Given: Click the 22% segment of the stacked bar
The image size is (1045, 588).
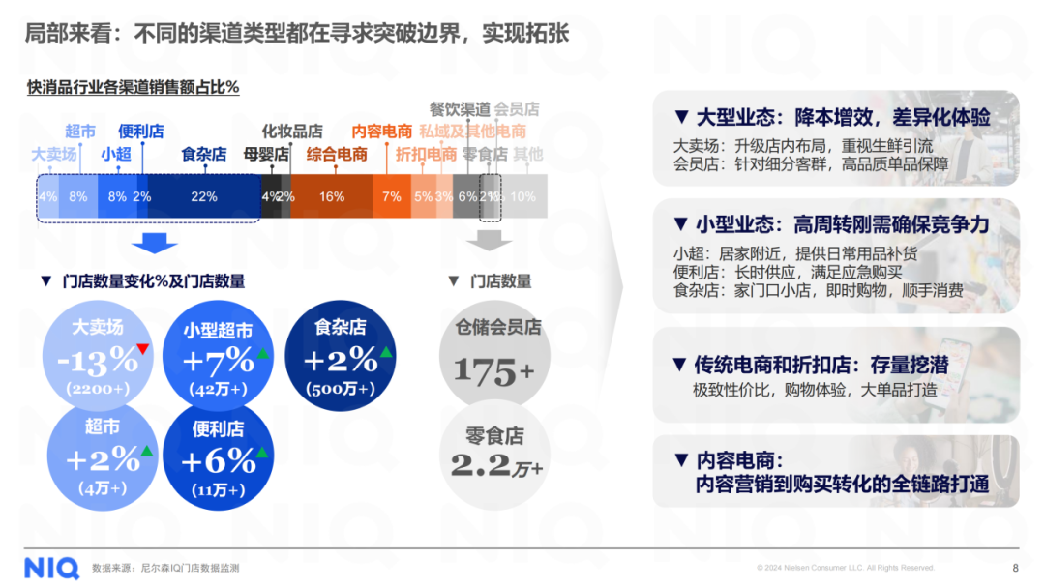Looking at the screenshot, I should click(204, 196).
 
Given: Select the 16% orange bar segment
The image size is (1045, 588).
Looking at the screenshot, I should click(332, 196).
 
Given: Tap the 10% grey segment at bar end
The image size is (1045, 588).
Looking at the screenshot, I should click(522, 196).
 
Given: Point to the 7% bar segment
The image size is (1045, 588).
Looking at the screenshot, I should click(392, 196).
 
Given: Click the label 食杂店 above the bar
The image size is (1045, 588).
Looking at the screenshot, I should click(203, 154).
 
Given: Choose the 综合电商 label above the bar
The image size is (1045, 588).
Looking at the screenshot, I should click(337, 154).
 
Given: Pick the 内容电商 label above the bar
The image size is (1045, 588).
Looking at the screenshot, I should click(381, 132).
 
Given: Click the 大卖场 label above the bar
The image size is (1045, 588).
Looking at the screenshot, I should click(54, 154).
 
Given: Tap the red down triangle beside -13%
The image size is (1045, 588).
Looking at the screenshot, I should click(142, 348).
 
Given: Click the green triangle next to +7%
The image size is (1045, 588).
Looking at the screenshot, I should click(262, 354).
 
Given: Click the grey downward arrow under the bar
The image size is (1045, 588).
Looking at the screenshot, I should click(491, 238).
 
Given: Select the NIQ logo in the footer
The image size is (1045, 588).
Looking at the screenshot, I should click(49, 566).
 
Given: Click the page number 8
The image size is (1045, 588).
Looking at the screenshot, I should click(1015, 568).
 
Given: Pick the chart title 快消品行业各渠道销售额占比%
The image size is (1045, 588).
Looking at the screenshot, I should click(134, 87).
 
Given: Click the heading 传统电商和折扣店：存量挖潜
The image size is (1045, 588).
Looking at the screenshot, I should click(821, 365).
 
